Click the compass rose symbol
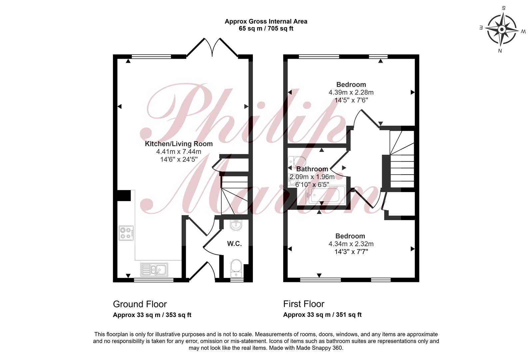click(502, 30)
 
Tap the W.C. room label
click(235, 244)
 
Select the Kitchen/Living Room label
click(179, 144)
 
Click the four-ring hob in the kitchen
click(126, 233)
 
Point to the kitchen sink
click(154, 270)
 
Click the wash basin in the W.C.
click(236, 225)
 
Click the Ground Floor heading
click(140, 304)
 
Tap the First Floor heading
click(304, 304)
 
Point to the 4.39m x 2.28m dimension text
click(351, 92)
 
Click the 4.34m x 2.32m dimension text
click(351, 244)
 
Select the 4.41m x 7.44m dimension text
click(179, 152)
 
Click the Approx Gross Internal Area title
click(266, 21)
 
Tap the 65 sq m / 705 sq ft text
click(266, 29)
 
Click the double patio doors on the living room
click(212, 47)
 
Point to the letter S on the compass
click(503, 8)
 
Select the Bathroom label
click(312, 169)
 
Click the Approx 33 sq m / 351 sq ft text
click(322, 315)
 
